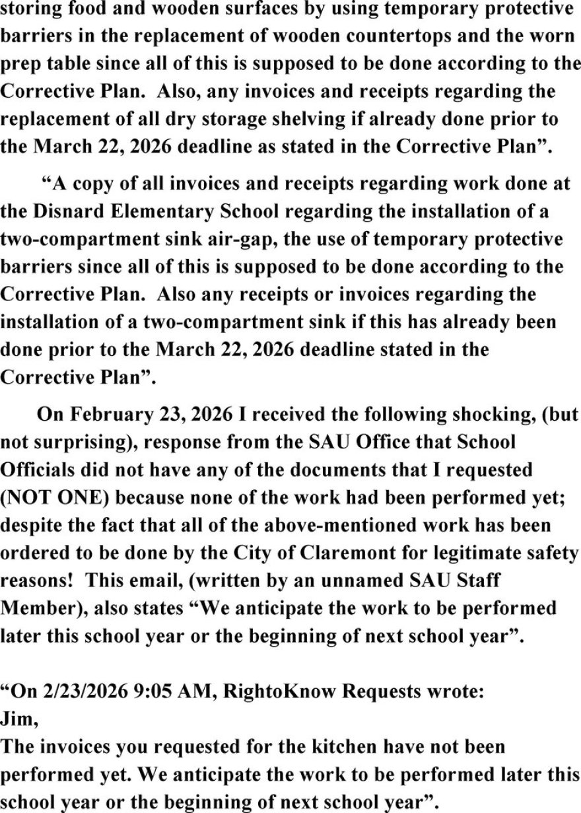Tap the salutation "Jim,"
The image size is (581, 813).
(19, 719)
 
